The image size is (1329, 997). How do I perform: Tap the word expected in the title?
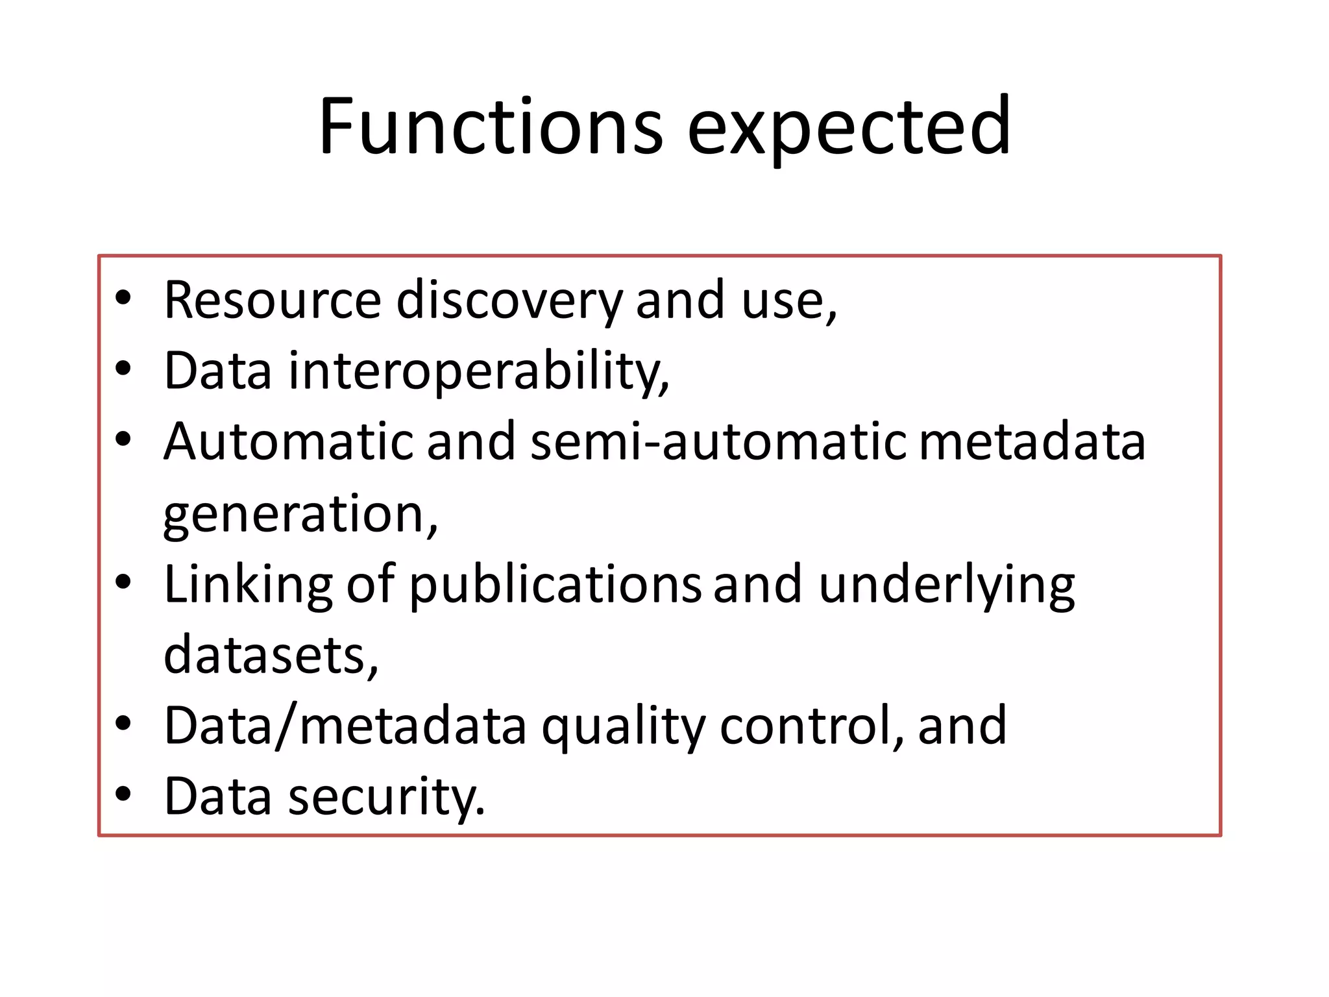pos(849,129)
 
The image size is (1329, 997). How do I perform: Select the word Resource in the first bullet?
pos(273,300)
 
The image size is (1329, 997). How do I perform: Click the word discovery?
pos(509,301)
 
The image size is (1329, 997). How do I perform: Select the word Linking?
pos(248,584)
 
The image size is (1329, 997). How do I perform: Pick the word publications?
pos(555,584)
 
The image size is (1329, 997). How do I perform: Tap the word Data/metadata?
pos(345,726)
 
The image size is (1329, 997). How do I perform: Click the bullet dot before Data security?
pos(123,794)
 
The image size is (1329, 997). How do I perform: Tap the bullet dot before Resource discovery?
pos(123,298)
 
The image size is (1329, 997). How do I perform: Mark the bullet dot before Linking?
pos(123,582)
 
